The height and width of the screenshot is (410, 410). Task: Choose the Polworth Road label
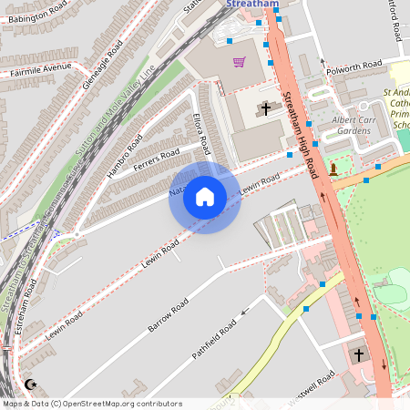point(358,67)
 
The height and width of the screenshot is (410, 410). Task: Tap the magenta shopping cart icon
point(239,62)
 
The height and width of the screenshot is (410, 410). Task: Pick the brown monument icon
point(333,169)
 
